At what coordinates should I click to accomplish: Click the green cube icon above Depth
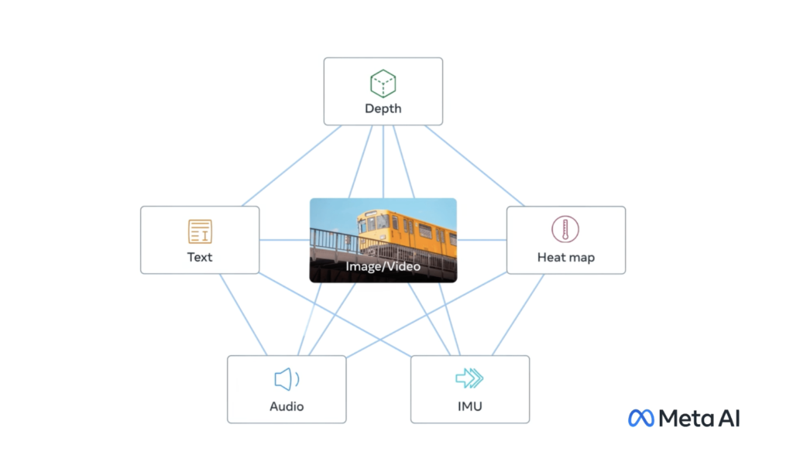[383, 84]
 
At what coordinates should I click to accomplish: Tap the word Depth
[383, 108]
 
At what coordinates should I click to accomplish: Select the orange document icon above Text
[200, 231]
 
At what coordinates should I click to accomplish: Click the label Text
[200, 258]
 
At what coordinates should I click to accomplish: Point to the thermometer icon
[565, 230]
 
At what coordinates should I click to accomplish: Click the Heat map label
[566, 258]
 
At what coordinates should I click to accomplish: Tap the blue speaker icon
[287, 379]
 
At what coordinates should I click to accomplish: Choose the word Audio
[287, 406]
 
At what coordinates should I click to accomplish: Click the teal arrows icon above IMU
[469, 378]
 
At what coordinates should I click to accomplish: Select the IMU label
[470, 406]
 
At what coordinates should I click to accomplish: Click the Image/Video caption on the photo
[383, 266]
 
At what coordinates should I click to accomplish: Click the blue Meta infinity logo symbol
[640, 418]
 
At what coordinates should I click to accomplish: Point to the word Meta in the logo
[686, 419]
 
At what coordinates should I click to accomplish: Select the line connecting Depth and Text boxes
[291, 166]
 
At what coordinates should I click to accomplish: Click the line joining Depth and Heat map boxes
[475, 166]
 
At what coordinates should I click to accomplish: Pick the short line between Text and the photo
[285, 240]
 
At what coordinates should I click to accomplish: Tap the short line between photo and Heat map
[482, 240]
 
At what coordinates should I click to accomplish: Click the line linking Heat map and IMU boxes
[518, 315]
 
